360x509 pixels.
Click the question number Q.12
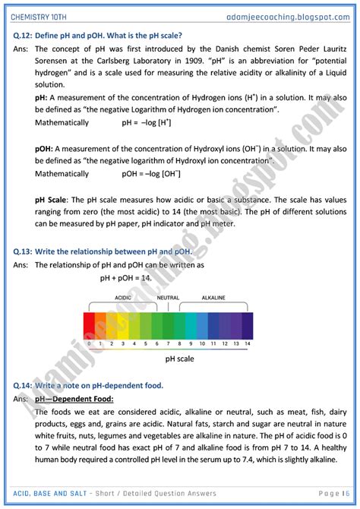tap(23, 35)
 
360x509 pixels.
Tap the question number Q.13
tap(23, 251)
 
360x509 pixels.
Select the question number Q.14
tap(23, 385)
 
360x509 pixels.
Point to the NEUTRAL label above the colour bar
tap(167, 298)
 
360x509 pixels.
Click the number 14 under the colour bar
tap(247, 343)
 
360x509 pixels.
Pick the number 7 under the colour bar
tap(168, 343)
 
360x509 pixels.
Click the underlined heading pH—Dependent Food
tap(74, 399)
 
